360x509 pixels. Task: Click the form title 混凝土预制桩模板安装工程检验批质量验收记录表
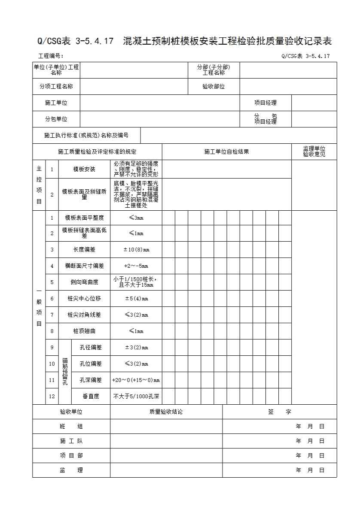227,42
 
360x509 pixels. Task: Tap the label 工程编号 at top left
51,56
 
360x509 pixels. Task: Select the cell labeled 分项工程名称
56,86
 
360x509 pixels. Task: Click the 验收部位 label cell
214,86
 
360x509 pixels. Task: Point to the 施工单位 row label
56,103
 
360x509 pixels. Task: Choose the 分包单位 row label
56,119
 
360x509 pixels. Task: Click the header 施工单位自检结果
226,151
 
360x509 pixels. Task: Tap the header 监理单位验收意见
314,151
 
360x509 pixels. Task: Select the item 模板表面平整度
84,218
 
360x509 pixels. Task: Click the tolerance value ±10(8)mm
136,250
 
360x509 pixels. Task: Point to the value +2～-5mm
136,266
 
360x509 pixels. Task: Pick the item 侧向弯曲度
84,282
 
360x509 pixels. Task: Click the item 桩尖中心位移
84,298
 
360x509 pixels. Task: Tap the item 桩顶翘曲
84,331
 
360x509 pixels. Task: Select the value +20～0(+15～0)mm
136,380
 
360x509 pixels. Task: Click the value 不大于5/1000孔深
136,396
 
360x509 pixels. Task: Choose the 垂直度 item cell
91,396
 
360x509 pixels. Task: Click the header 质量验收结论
166,412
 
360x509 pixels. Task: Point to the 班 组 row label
71,427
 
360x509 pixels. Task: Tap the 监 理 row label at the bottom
71,470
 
